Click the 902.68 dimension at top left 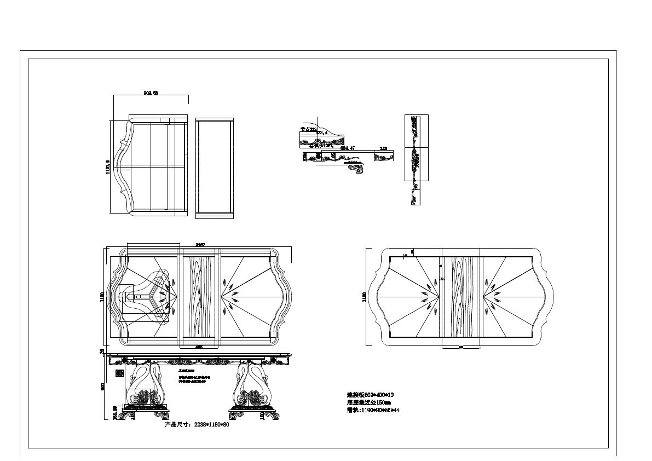[x=151, y=93]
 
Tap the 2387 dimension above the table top [x=200, y=245]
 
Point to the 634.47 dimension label [x=348, y=148]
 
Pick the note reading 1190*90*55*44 [x=372, y=410]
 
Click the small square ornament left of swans [x=119, y=373]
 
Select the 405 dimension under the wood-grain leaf [x=199, y=347]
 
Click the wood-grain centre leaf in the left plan [x=200, y=296]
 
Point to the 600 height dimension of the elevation [x=102, y=386]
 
